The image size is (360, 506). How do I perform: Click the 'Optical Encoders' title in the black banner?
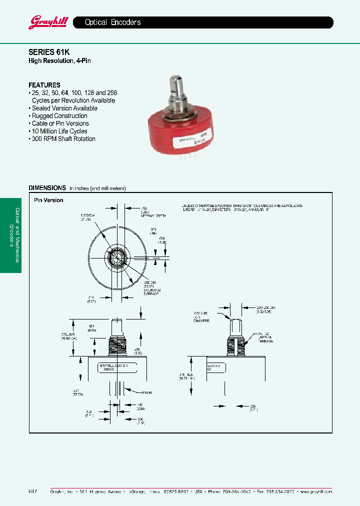coord(112,22)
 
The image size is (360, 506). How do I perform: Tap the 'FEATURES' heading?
coord(44,85)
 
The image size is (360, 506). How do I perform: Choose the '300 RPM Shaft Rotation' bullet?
coord(63,139)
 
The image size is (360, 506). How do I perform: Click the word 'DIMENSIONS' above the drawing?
coord(47,188)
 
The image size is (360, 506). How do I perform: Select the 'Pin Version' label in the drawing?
coord(48,200)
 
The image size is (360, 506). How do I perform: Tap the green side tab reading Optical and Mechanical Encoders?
coord(11,235)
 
